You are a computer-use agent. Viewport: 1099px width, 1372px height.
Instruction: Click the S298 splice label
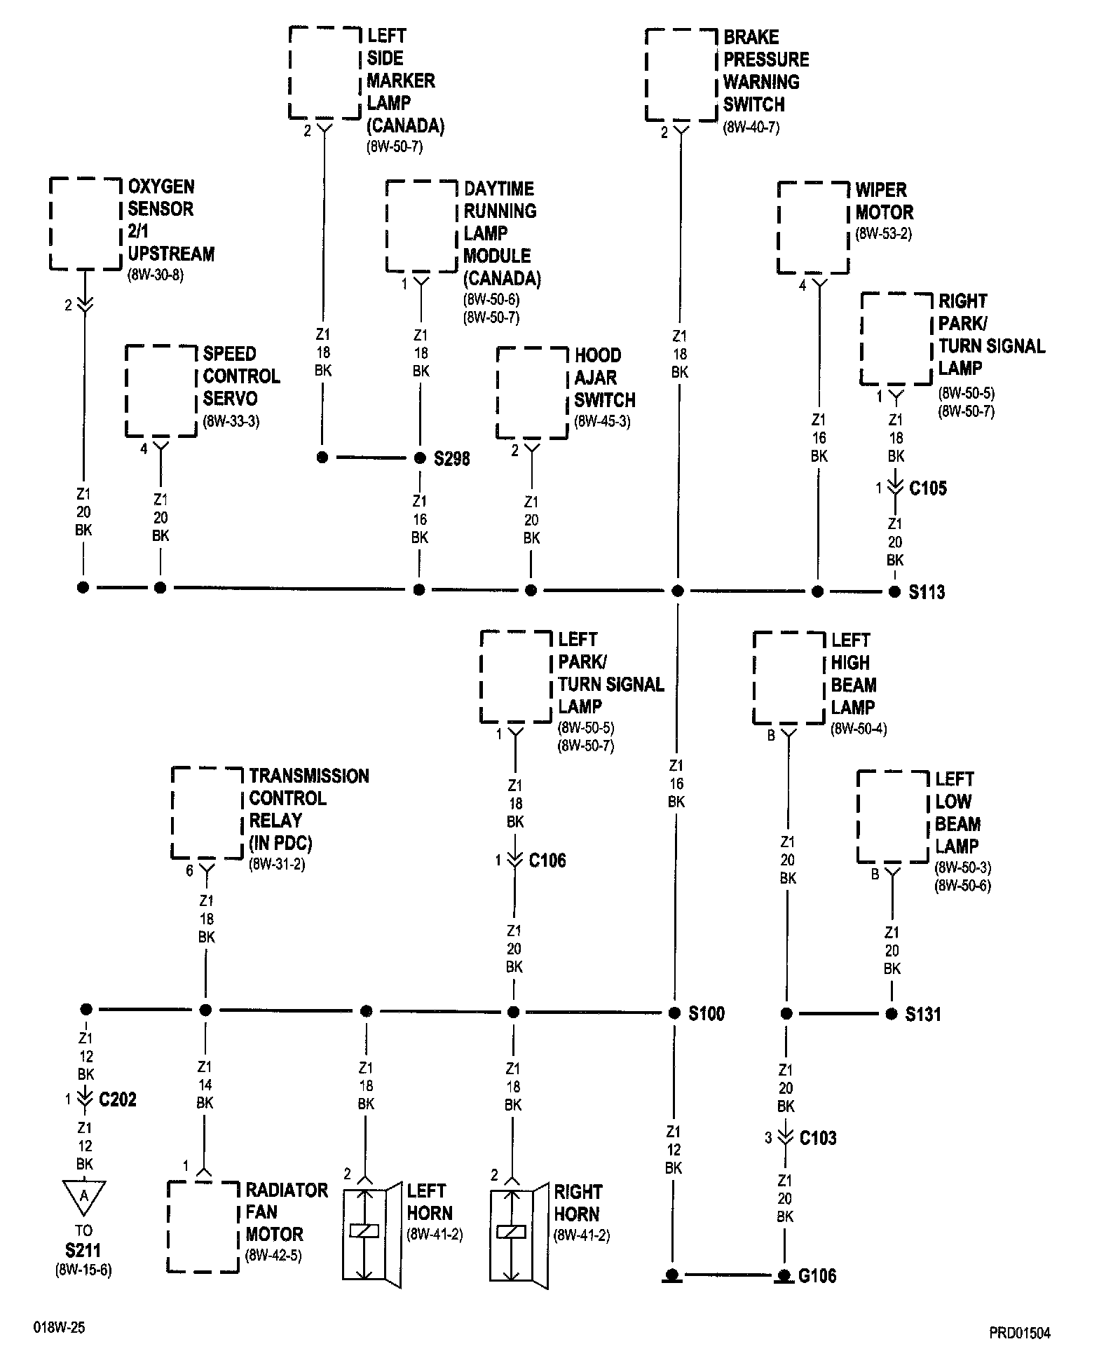click(451, 459)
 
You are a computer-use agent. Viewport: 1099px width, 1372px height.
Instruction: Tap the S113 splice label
click(927, 592)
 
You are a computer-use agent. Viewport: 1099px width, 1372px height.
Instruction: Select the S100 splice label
click(706, 1013)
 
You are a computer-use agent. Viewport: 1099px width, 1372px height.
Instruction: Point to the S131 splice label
click(923, 1014)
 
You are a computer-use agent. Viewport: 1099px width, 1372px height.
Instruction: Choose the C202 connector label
click(118, 1099)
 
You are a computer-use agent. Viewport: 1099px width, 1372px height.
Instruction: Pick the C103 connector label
click(818, 1138)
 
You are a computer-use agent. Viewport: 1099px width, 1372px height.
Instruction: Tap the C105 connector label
click(927, 488)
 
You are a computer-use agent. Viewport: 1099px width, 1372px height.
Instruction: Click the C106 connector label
click(547, 860)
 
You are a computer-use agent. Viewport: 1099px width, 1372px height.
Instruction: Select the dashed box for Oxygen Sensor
click(86, 224)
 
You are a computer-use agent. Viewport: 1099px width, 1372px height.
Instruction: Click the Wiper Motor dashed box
click(813, 228)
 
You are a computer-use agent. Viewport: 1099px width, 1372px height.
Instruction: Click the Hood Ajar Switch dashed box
click(532, 392)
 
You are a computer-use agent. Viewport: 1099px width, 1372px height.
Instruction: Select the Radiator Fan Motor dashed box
click(203, 1226)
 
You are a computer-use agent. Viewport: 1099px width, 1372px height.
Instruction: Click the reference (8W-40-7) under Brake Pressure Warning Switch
click(751, 128)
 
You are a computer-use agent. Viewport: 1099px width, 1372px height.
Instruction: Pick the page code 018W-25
click(58, 1327)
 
